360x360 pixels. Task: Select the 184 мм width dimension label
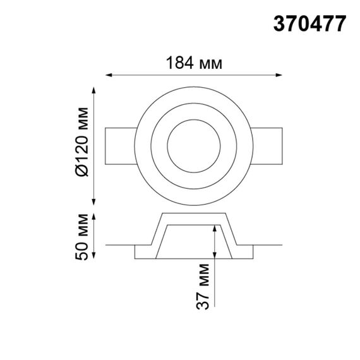[x=193, y=63]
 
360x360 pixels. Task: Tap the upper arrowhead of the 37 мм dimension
[x=215, y=229]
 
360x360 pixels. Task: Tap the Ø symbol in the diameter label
[x=80, y=169]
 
